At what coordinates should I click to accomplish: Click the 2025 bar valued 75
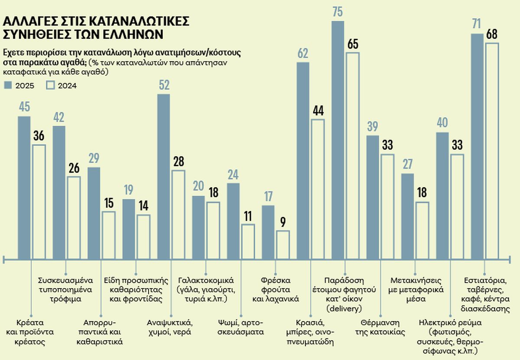pyautogui.click(x=338, y=139)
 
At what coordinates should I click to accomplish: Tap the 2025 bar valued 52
pyautogui.click(x=163, y=176)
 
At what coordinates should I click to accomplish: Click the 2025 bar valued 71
pyautogui.click(x=477, y=145)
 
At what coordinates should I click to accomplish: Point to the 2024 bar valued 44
pyautogui.click(x=318, y=189)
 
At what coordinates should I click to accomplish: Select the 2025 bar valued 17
pyautogui.click(x=268, y=232)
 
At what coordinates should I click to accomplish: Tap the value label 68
pyautogui.click(x=492, y=34)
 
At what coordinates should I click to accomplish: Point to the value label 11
pyautogui.click(x=248, y=216)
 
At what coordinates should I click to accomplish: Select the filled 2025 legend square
pyautogui.click(x=8, y=85)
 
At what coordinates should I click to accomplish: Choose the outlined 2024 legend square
pyautogui.click(x=50, y=85)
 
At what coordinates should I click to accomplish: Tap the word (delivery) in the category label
pyautogui.click(x=344, y=308)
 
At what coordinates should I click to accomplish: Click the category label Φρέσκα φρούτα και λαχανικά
pyautogui.click(x=276, y=289)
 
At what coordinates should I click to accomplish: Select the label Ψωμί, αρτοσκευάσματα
pyautogui.click(x=241, y=327)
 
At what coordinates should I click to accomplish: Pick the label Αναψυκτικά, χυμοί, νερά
pyautogui.click(x=170, y=327)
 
